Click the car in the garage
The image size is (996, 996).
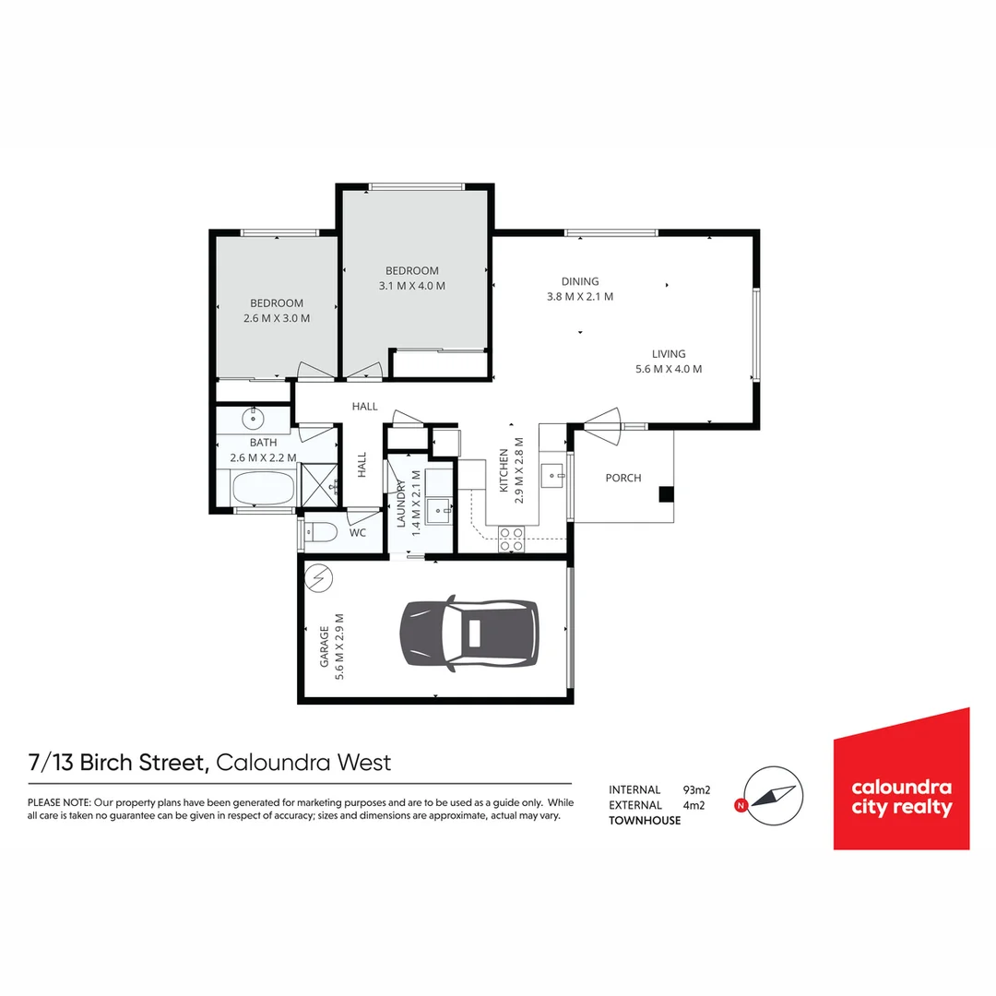click(468, 633)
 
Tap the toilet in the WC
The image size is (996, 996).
click(321, 532)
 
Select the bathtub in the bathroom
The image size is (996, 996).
click(261, 488)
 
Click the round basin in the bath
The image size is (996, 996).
click(254, 419)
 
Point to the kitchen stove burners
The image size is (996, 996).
click(511, 539)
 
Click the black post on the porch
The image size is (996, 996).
click(666, 494)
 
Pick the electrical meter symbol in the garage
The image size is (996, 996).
click(319, 578)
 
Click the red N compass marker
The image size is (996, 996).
click(740, 806)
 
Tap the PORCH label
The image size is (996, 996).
click(623, 478)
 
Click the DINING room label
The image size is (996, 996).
click(580, 281)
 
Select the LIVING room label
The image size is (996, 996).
click(669, 353)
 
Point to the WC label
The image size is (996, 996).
click(358, 533)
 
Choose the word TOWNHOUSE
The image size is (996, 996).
click(645, 821)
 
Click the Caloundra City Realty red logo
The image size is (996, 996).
click(901, 779)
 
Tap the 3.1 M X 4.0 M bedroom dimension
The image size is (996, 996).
click(412, 286)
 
